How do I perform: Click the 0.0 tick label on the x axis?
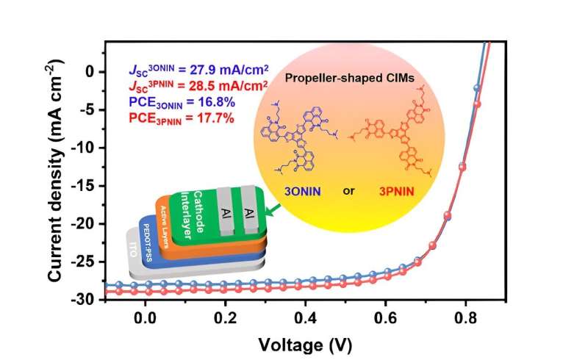click(x=146, y=317)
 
